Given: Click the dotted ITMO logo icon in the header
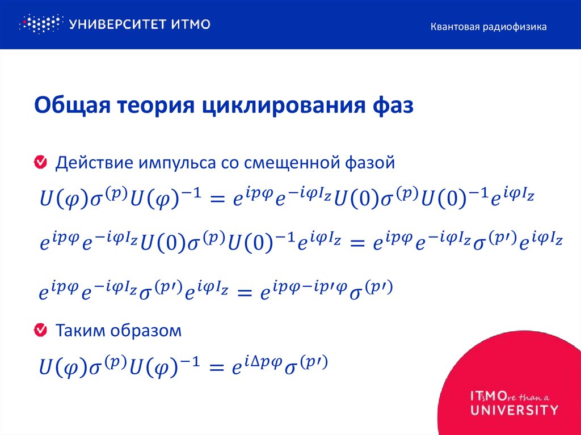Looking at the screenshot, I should pyautogui.click(x=39, y=24).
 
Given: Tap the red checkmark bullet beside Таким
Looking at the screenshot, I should pyautogui.click(x=41, y=330).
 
